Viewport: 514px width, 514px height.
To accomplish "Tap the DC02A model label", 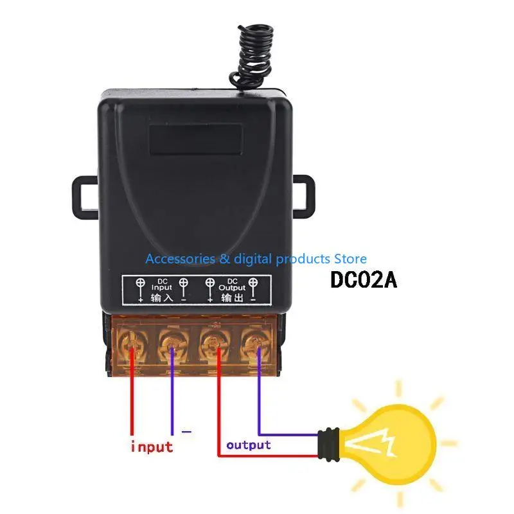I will tap(363, 281).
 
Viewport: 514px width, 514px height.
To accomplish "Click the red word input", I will tap(152, 446).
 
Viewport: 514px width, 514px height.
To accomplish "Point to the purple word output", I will tap(248, 445).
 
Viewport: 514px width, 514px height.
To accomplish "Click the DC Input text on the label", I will tap(163, 285).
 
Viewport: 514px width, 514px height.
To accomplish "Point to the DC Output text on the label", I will tap(232, 285).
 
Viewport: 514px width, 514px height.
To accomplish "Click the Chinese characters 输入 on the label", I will tap(163, 299).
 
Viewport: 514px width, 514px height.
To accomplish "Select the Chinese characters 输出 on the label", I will tap(232, 299).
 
